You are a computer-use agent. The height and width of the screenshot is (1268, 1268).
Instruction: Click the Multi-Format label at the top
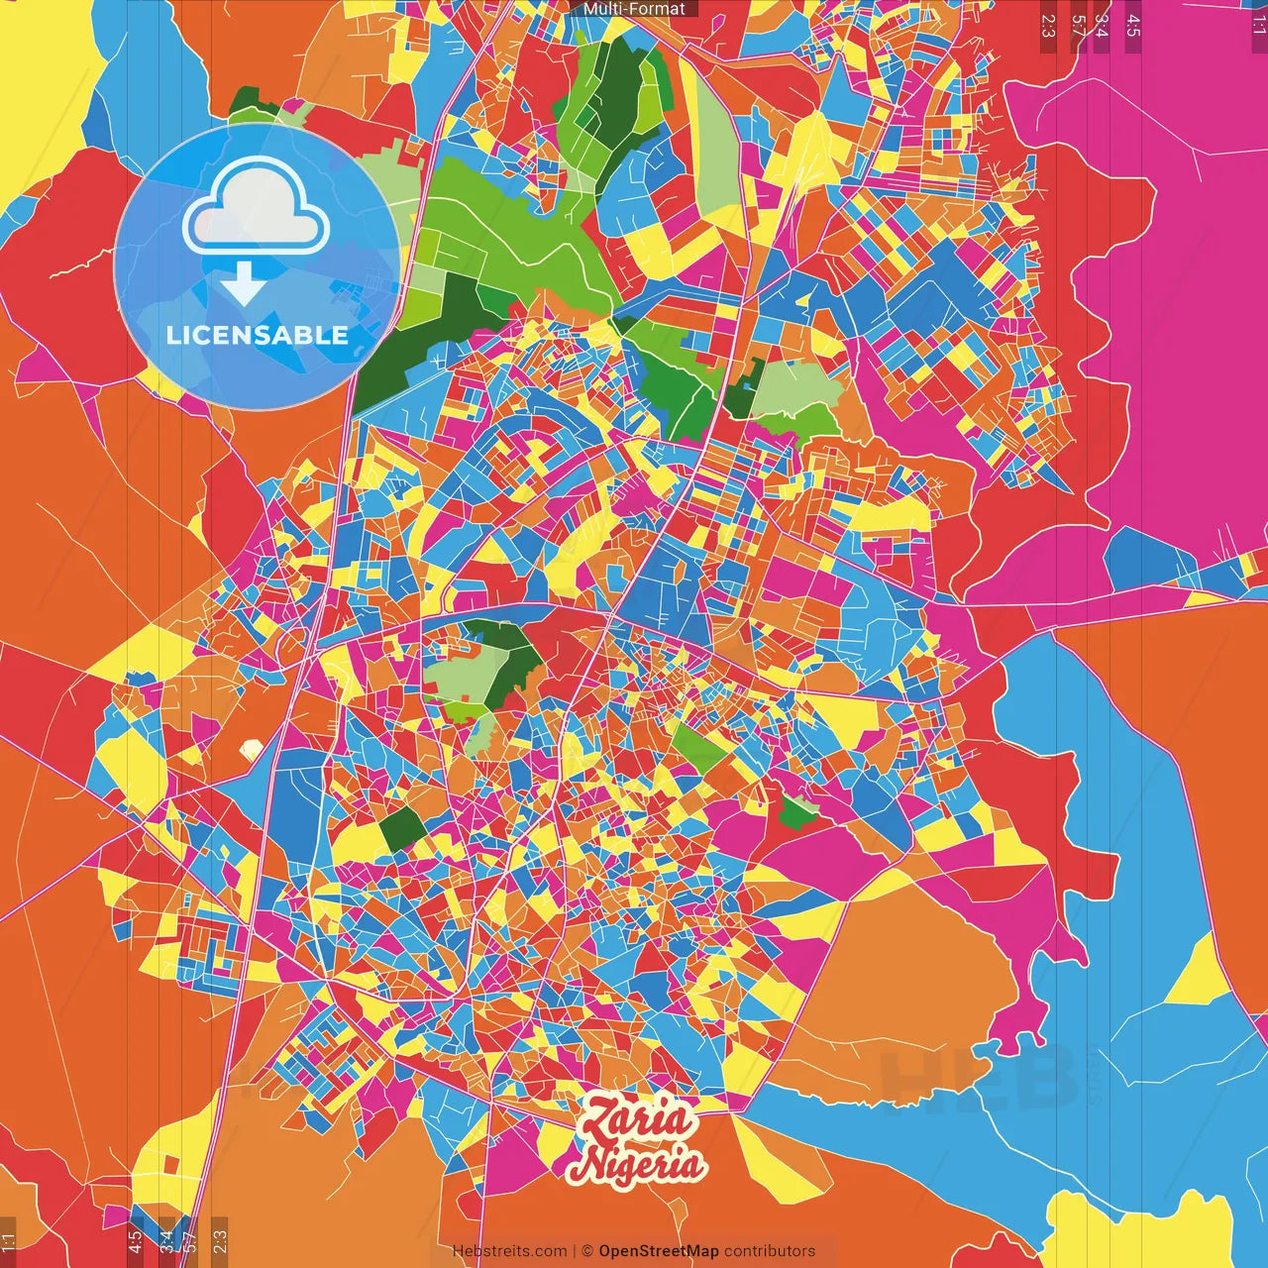[x=634, y=9]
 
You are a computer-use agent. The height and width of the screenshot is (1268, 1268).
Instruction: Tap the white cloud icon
[x=256, y=207]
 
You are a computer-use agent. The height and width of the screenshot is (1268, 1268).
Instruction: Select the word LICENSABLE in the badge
[x=258, y=335]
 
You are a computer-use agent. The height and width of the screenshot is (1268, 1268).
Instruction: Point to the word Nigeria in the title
[x=636, y=1164]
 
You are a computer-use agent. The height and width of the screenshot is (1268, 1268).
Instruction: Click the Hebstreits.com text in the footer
[x=509, y=1251]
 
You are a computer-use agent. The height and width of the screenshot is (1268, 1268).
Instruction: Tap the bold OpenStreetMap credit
[x=658, y=1251]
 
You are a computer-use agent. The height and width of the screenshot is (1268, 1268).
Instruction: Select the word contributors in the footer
[x=769, y=1251]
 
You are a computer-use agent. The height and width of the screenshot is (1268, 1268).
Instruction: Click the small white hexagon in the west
[x=252, y=750]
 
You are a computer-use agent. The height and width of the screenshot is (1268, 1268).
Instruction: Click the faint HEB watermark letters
[x=976, y=1080]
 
